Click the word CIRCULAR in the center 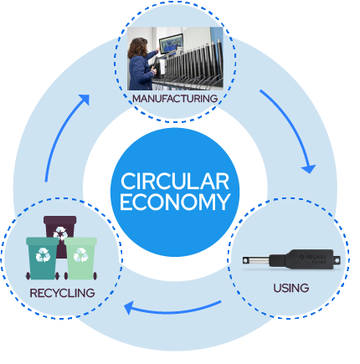point(175,182)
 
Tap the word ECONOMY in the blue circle point(175,202)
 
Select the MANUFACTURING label point(175,99)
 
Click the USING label point(291,288)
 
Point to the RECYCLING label point(62,293)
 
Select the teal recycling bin point(43,259)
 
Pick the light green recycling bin point(80,259)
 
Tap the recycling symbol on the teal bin point(43,254)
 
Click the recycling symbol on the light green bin point(80,254)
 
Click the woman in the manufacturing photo point(141,64)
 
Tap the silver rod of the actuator point(256,260)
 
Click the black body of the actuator point(305,259)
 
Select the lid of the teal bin point(43,241)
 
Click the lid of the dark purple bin point(60,219)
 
